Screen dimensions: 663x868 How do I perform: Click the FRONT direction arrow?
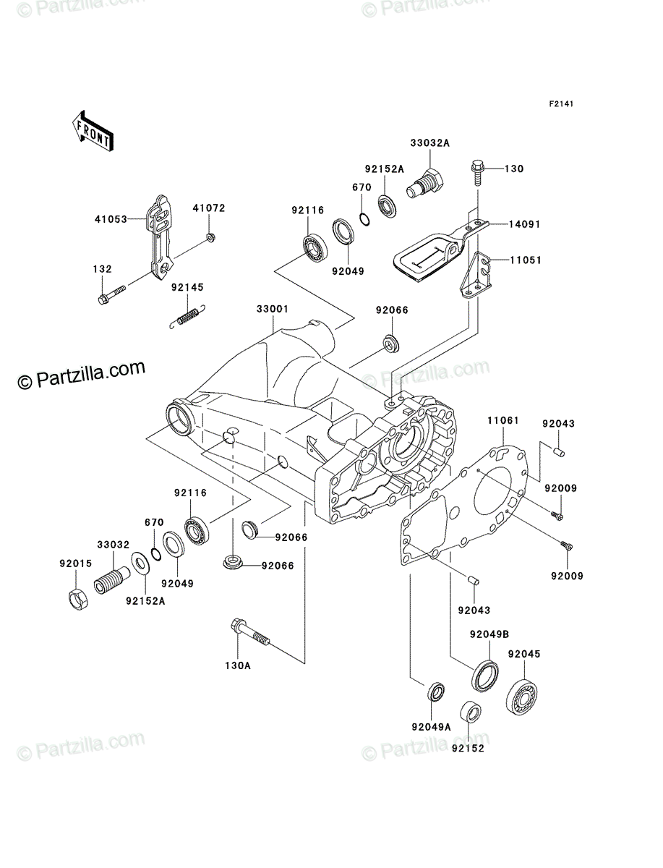[x=93, y=130]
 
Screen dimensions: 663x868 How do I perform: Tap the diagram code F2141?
[x=561, y=104]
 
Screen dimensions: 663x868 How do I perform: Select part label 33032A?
[x=430, y=143]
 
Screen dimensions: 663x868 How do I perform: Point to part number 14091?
[x=524, y=224]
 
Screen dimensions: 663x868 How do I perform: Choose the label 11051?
[x=526, y=260]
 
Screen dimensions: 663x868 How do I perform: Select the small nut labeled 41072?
[x=210, y=238]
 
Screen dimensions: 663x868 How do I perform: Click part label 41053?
[x=111, y=219]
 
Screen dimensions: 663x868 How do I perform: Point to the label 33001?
[x=273, y=309]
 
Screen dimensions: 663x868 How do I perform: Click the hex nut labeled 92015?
[x=78, y=599]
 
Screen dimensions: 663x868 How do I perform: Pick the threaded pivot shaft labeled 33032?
[x=112, y=579]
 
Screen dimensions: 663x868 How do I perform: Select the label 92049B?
[x=489, y=634]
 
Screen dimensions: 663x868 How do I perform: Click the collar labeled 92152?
[x=471, y=712]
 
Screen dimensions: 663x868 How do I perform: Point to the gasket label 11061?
[x=503, y=420]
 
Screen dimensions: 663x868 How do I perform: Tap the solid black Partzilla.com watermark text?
[x=82, y=375]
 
